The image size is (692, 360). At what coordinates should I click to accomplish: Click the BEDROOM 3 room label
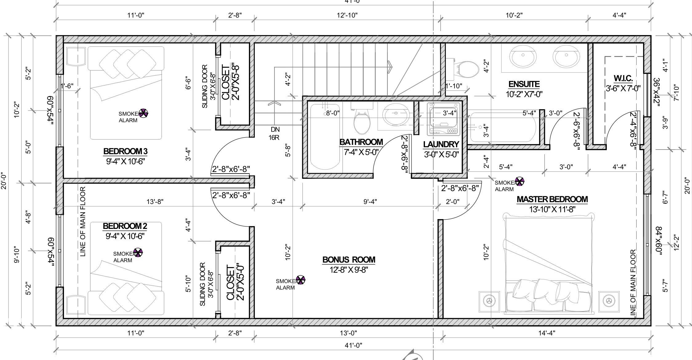pyautogui.click(x=125, y=151)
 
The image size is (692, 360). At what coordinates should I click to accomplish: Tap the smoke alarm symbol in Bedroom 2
pyautogui.click(x=138, y=253)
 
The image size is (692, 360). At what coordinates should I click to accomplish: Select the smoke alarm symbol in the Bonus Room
pyautogui.click(x=300, y=280)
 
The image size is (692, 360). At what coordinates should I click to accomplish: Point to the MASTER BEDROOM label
pyautogui.click(x=552, y=199)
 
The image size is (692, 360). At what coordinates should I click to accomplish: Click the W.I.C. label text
pyautogui.click(x=623, y=78)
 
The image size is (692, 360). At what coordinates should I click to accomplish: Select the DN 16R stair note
pyautogui.click(x=274, y=133)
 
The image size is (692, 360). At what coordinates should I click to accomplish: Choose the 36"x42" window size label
pyautogui.click(x=656, y=92)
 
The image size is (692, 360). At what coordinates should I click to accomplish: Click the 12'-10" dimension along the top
pyautogui.click(x=347, y=15)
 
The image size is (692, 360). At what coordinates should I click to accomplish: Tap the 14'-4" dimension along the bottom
pyautogui.click(x=547, y=333)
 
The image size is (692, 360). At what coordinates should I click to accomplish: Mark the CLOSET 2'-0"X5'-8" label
pyautogui.click(x=230, y=82)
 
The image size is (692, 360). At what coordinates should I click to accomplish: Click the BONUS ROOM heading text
pyautogui.click(x=349, y=260)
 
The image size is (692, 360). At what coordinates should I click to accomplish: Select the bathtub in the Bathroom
pyautogui.click(x=325, y=137)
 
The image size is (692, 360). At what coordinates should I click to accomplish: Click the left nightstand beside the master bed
pyautogui.click(x=489, y=301)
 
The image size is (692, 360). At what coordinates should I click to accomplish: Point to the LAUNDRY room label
pyautogui.click(x=441, y=144)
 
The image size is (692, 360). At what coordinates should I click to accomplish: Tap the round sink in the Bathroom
pyautogui.click(x=396, y=114)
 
